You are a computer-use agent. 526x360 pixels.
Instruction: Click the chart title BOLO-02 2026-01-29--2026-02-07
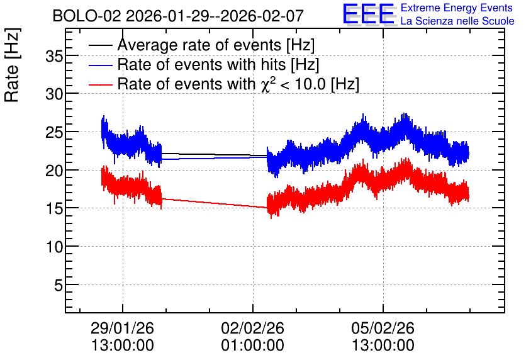[178, 16]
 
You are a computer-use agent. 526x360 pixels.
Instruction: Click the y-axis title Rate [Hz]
[12, 65]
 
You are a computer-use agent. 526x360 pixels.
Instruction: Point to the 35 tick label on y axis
[54, 56]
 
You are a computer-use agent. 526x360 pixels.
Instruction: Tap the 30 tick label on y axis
[54, 94]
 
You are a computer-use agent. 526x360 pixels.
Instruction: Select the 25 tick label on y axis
[54, 133]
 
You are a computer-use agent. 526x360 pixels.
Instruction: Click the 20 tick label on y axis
[54, 171]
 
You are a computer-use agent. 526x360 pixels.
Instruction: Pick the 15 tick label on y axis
[54, 209]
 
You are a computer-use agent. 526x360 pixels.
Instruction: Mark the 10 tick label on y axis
[54, 247]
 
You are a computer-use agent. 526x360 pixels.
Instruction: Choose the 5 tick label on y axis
[59, 286]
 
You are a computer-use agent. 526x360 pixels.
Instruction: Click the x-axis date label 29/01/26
[123, 328]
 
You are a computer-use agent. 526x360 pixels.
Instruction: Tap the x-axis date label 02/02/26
[252, 328]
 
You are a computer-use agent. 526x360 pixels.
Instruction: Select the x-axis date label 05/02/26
[383, 328]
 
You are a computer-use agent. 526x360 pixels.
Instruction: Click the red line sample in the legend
[101, 84]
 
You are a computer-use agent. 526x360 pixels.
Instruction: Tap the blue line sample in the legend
[101, 65]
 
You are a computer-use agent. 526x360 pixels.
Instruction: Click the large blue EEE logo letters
[369, 14]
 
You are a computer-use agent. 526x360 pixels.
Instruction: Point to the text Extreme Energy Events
[457, 8]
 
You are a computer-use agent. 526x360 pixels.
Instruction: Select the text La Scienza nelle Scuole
[457, 21]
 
